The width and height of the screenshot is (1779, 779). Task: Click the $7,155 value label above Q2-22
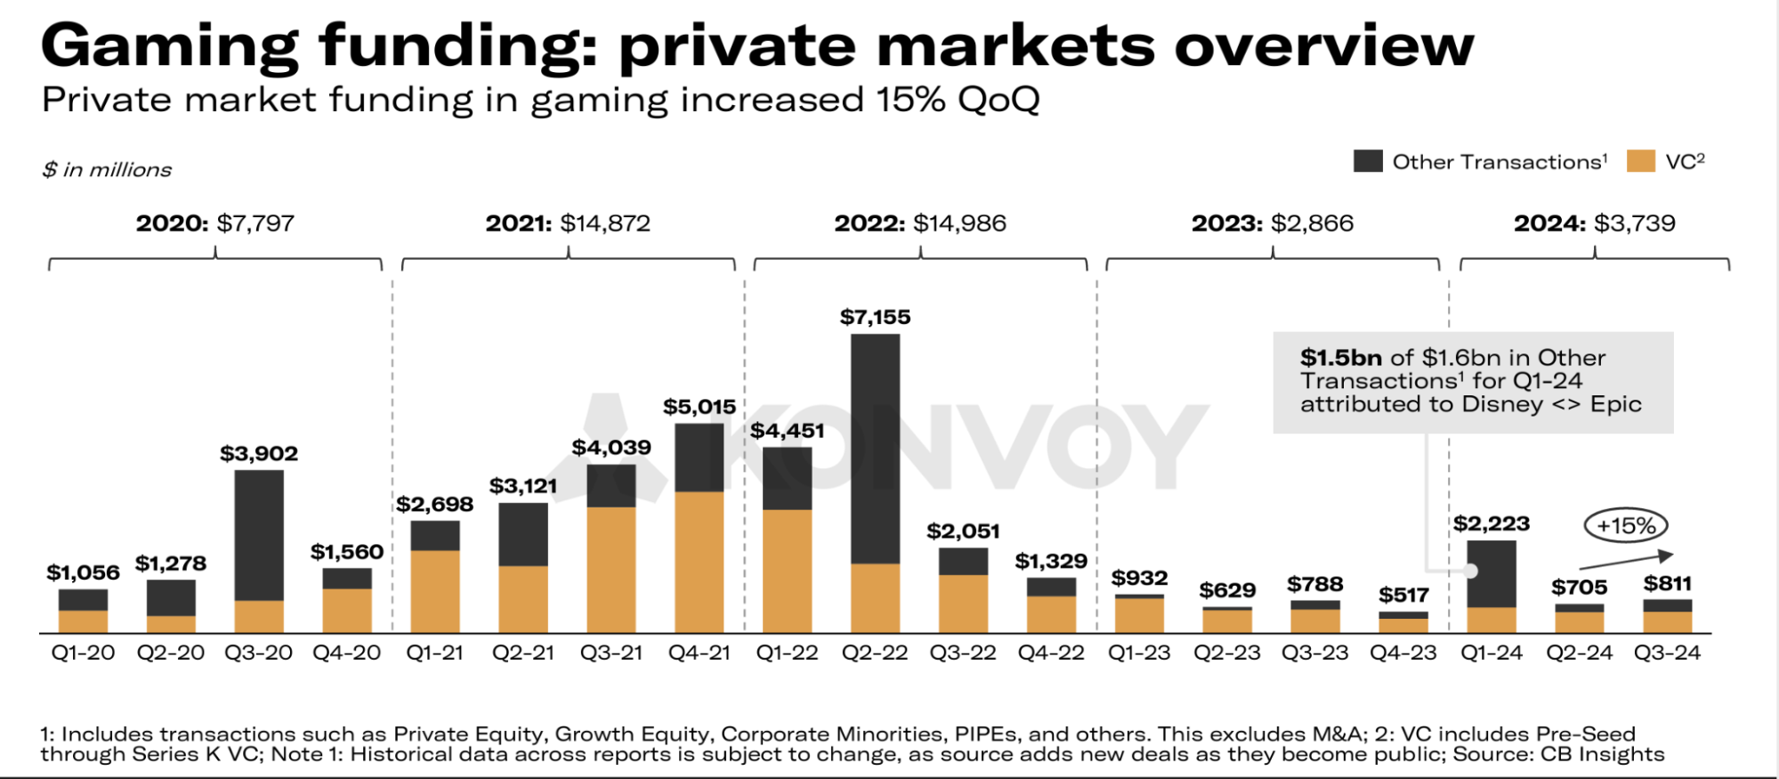(875, 318)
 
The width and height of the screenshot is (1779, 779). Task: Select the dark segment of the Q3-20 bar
(259, 534)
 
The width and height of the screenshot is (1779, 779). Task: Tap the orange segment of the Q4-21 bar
(699, 561)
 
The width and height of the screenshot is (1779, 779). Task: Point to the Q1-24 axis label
(1492, 653)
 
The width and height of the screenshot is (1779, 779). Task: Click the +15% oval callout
(1626, 526)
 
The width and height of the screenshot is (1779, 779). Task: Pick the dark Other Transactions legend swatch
(1368, 161)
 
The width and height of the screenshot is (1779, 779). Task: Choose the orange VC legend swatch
(1640, 161)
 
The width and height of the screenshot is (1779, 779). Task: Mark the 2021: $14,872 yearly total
(568, 223)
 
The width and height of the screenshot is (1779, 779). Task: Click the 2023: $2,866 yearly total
(1273, 223)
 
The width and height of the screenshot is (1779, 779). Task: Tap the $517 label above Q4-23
(1403, 596)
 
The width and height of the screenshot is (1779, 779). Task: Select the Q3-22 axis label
(963, 653)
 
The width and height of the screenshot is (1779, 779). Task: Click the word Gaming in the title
(169, 46)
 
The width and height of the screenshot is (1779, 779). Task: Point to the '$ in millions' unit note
(107, 170)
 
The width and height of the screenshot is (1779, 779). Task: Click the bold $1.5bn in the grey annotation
(1340, 358)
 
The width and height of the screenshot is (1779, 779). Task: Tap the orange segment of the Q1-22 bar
(788, 571)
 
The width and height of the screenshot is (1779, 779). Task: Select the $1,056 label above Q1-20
(83, 573)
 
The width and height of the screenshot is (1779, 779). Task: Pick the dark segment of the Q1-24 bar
(1492, 574)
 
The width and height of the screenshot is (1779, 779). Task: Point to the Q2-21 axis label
(523, 653)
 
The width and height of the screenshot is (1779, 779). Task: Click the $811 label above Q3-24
(1667, 584)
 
